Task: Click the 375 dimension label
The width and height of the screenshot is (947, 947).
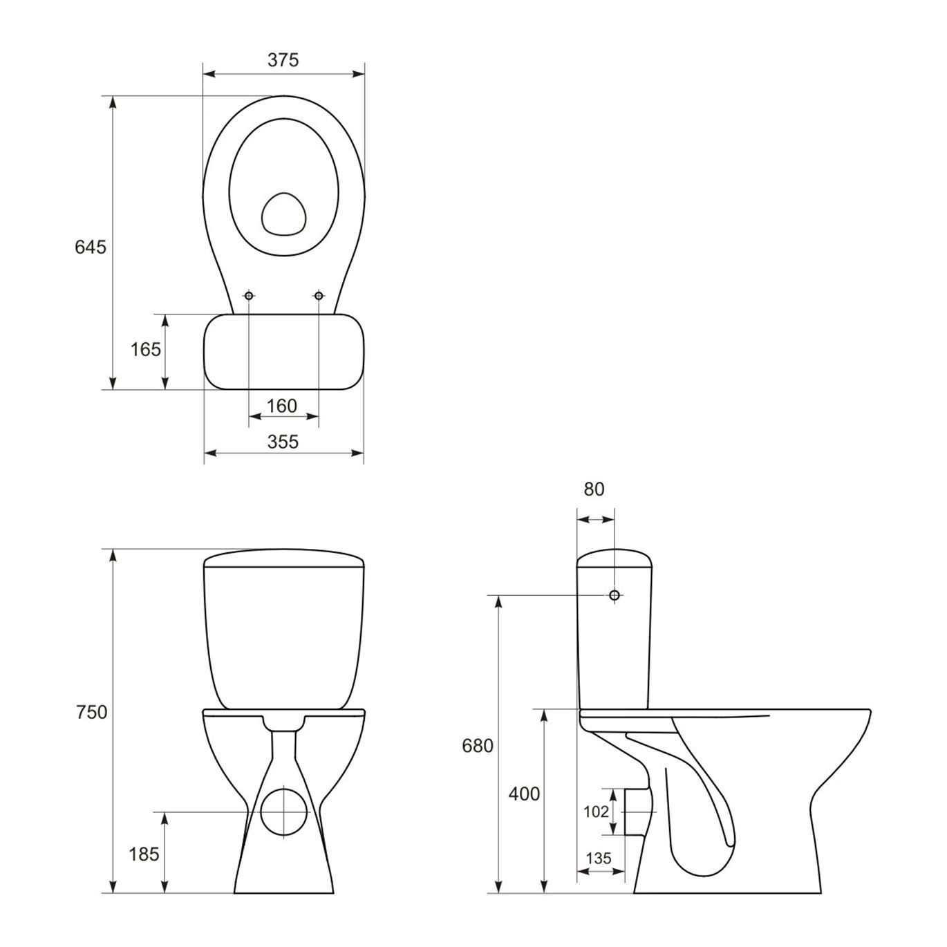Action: (x=283, y=60)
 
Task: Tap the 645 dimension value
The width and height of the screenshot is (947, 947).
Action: (x=91, y=247)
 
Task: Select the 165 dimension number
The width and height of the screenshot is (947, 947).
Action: (x=145, y=349)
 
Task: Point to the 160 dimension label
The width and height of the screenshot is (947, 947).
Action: (x=282, y=406)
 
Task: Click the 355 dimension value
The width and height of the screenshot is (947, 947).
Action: (x=283, y=442)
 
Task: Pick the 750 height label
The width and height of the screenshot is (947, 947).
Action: (x=91, y=712)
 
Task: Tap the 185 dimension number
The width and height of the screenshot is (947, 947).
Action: (x=144, y=854)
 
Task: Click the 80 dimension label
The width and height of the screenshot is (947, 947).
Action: (x=594, y=489)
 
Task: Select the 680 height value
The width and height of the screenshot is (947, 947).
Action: (x=477, y=746)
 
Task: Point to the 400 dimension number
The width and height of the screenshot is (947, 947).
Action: (x=524, y=794)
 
